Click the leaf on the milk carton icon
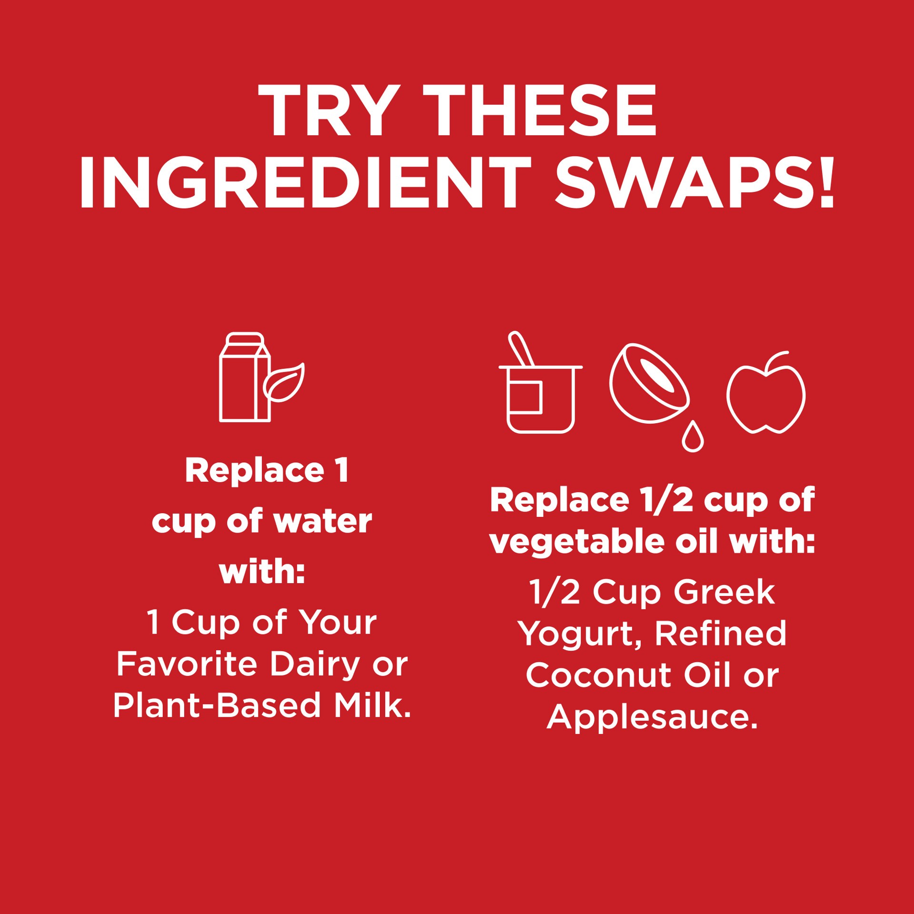coord(284,383)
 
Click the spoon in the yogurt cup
coord(520,348)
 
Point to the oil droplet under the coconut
coord(693,436)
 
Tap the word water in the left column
coord(323,522)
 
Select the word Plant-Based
coord(217,705)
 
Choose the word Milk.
coord(372,705)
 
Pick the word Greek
coord(725,593)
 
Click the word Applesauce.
coord(652,717)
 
